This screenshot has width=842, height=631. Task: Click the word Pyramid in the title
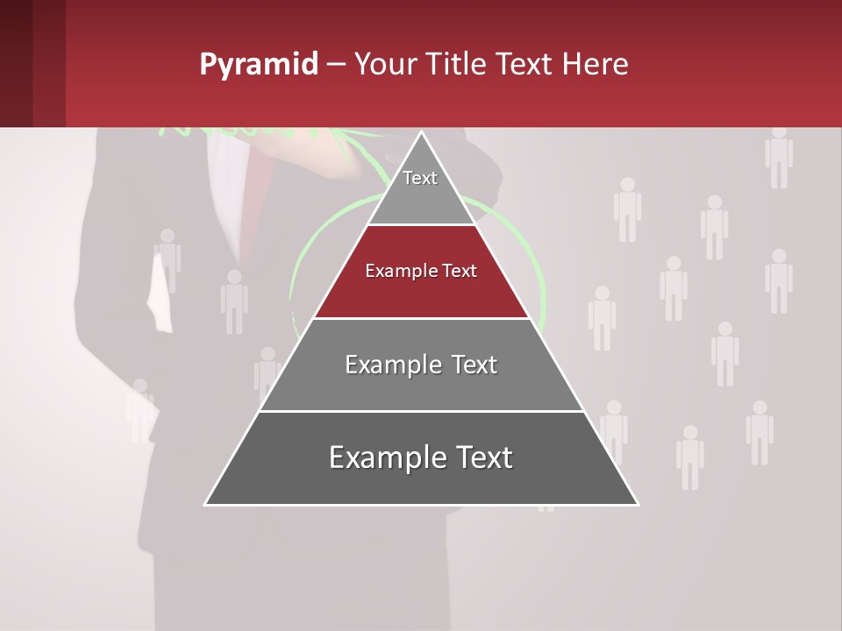tap(259, 65)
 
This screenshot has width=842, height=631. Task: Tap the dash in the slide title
tap(336, 65)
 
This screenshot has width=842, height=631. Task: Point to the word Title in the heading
tap(459, 65)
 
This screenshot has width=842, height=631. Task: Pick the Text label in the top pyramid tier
tap(420, 178)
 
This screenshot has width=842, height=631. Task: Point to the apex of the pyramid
tap(422, 133)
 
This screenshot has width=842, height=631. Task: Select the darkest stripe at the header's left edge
tap(16, 63)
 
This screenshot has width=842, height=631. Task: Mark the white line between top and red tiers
tap(422, 225)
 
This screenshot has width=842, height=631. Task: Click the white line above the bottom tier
tap(422, 411)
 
